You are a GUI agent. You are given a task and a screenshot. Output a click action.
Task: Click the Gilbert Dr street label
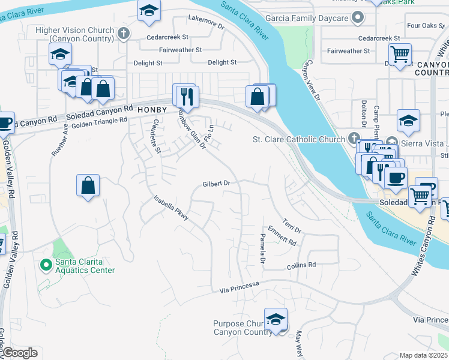pyautogui.click(x=217, y=184)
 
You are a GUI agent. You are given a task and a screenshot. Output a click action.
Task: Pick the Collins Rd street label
pyautogui.click(x=301, y=265)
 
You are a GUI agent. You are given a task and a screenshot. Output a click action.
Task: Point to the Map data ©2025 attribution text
pyautogui.click(x=423, y=355)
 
